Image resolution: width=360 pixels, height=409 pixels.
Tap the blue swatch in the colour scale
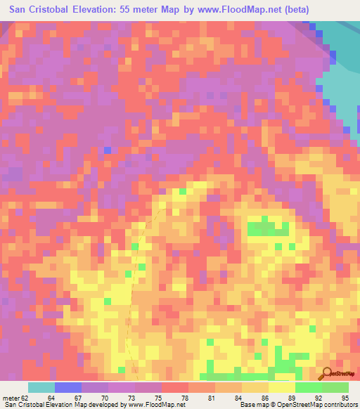pyautogui.click(x=67, y=387)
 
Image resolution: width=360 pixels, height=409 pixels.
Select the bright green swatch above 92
pyautogui.click(x=308, y=387)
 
